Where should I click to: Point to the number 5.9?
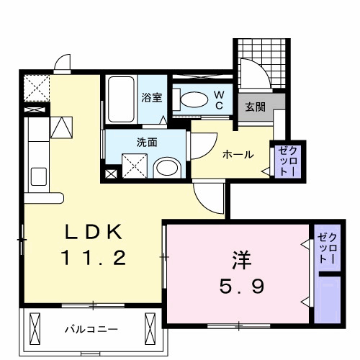point(240,287)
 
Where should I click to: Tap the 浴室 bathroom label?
point(150,96)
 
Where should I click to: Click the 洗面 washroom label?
point(147,142)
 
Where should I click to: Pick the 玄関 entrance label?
point(255,107)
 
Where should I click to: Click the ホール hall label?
point(237,153)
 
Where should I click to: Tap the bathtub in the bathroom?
point(122,100)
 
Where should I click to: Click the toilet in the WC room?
point(193,100)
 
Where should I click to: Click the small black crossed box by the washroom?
point(110,174)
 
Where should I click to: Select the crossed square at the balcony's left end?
point(35,328)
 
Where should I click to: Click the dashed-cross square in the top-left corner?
point(35,89)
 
